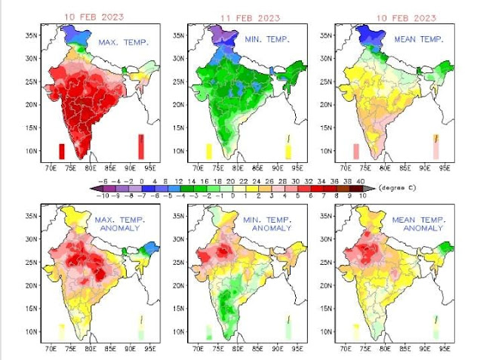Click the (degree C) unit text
pos(392,187)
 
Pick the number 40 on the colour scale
pos(361,181)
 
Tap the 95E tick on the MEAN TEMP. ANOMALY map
pos(445,349)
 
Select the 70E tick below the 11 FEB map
pos(198,168)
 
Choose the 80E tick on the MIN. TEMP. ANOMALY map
pos(238,349)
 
